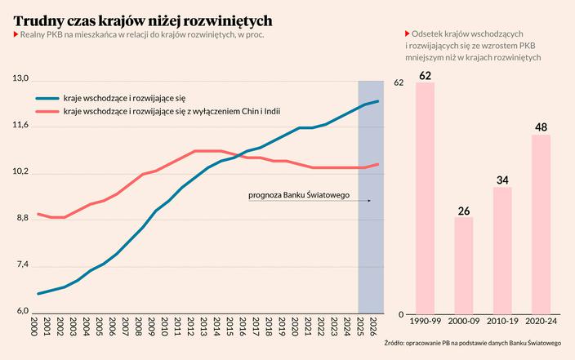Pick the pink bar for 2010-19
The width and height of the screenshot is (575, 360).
(502, 251)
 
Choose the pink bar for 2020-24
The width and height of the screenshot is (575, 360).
(541, 224)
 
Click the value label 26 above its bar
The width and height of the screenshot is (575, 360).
(463, 211)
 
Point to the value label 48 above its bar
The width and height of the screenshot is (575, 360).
(541, 128)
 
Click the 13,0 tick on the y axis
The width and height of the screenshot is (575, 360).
(20, 78)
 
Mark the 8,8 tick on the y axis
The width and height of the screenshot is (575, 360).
(20, 219)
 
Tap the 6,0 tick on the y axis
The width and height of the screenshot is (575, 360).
(20, 312)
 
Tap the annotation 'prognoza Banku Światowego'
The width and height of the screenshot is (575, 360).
(299, 195)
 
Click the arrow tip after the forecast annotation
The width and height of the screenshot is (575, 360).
(370, 200)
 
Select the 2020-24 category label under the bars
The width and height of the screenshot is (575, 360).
(541, 323)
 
